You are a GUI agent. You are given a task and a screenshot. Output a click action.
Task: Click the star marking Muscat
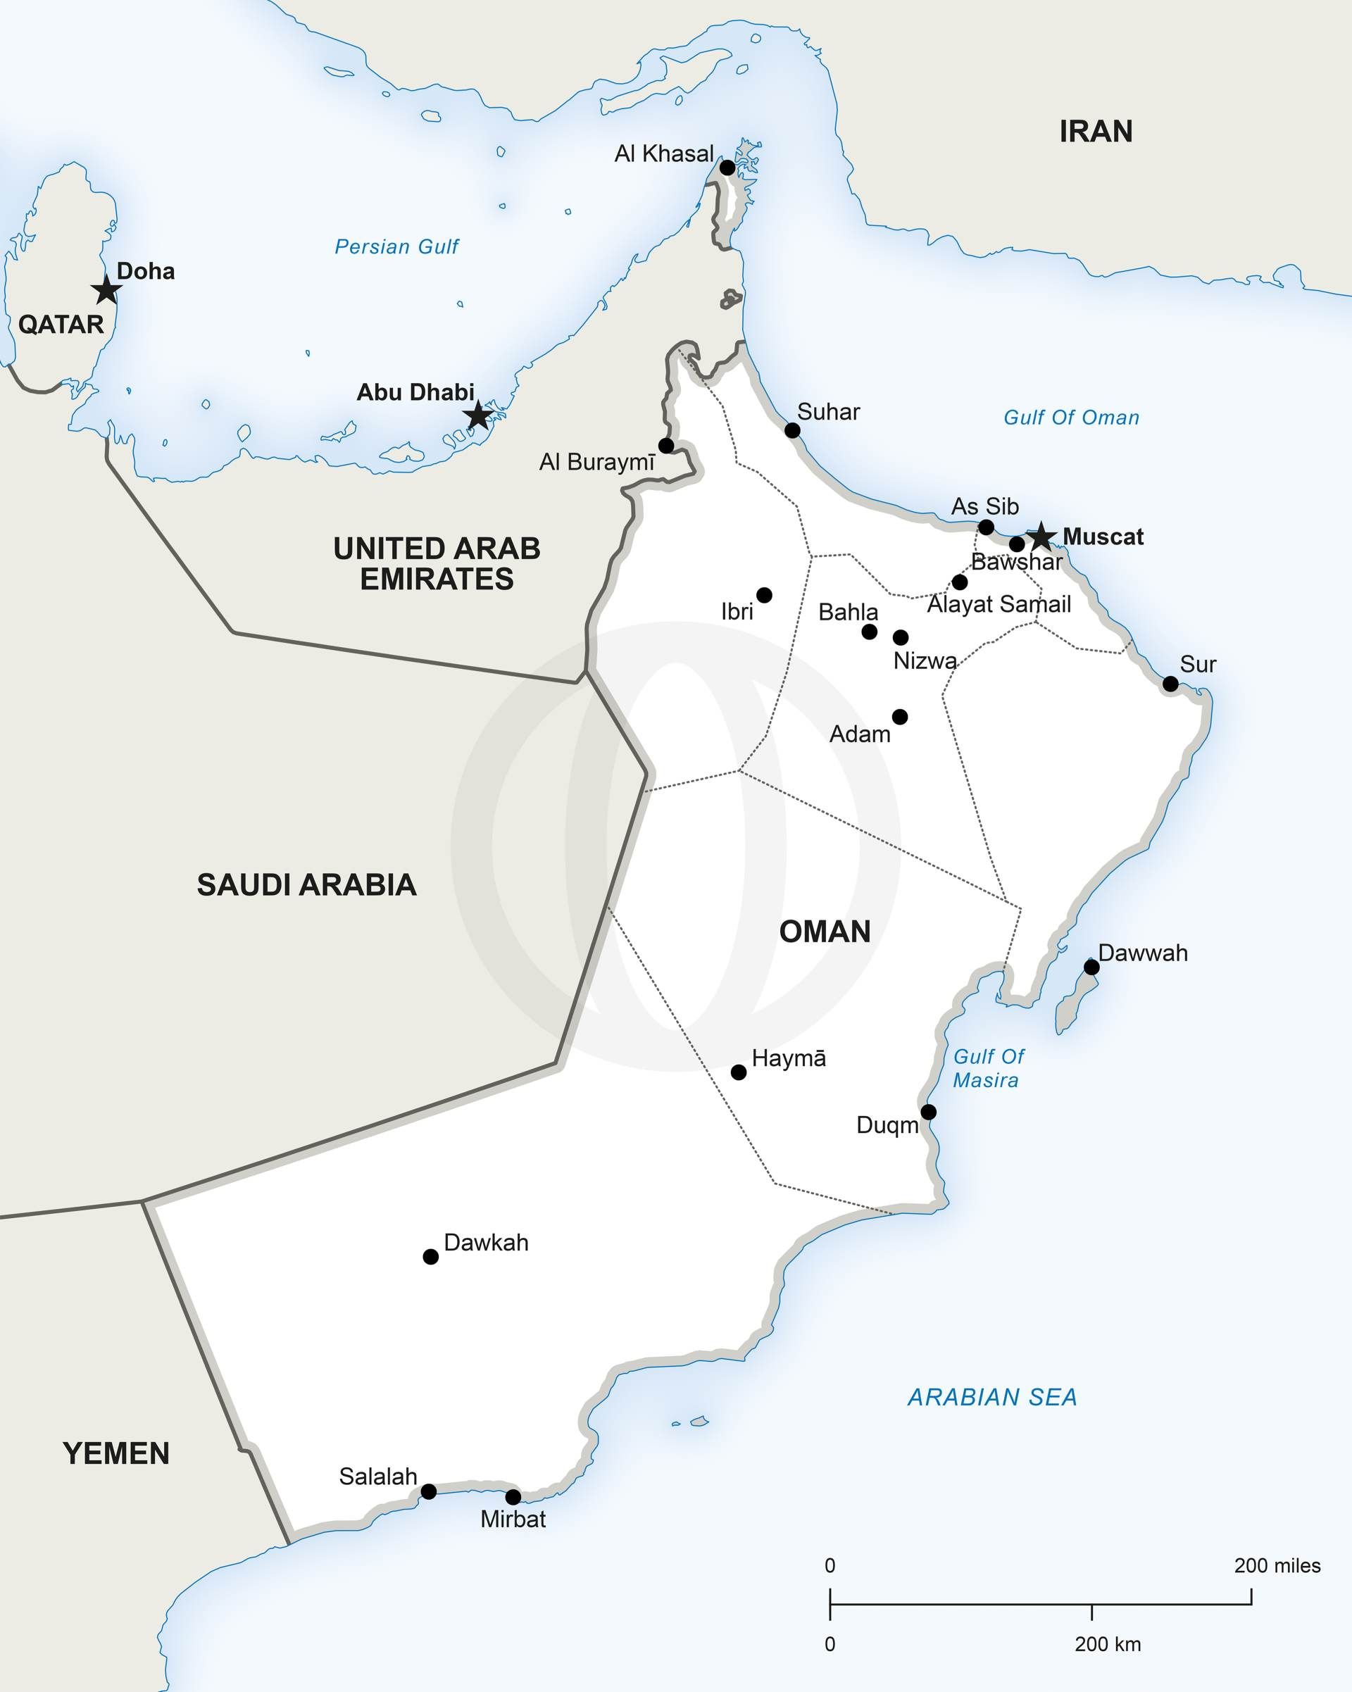1041,537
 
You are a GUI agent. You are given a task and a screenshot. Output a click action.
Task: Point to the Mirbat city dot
513,1496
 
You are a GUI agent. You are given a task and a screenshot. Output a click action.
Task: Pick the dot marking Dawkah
431,1256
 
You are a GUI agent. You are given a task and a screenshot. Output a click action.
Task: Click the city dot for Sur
1170,684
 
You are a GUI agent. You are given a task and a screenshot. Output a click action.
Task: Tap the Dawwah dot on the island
1091,967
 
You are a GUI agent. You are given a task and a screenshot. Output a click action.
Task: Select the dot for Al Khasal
727,167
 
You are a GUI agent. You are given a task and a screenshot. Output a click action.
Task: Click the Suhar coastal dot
792,430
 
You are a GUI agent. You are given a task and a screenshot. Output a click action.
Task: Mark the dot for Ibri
764,595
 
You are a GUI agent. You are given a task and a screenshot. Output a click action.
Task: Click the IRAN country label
1096,131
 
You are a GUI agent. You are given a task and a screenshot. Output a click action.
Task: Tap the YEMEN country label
116,1453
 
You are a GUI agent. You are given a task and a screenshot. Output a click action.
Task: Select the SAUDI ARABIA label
306,884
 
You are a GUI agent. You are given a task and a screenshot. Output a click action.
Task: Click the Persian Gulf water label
396,246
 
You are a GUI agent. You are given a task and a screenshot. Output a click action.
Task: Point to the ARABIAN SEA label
992,1397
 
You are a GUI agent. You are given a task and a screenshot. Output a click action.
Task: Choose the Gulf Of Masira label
987,1068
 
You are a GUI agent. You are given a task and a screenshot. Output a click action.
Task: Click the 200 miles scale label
1277,1566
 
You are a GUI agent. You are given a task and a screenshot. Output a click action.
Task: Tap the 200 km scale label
1107,1644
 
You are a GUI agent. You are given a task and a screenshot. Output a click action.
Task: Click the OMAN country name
825,932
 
